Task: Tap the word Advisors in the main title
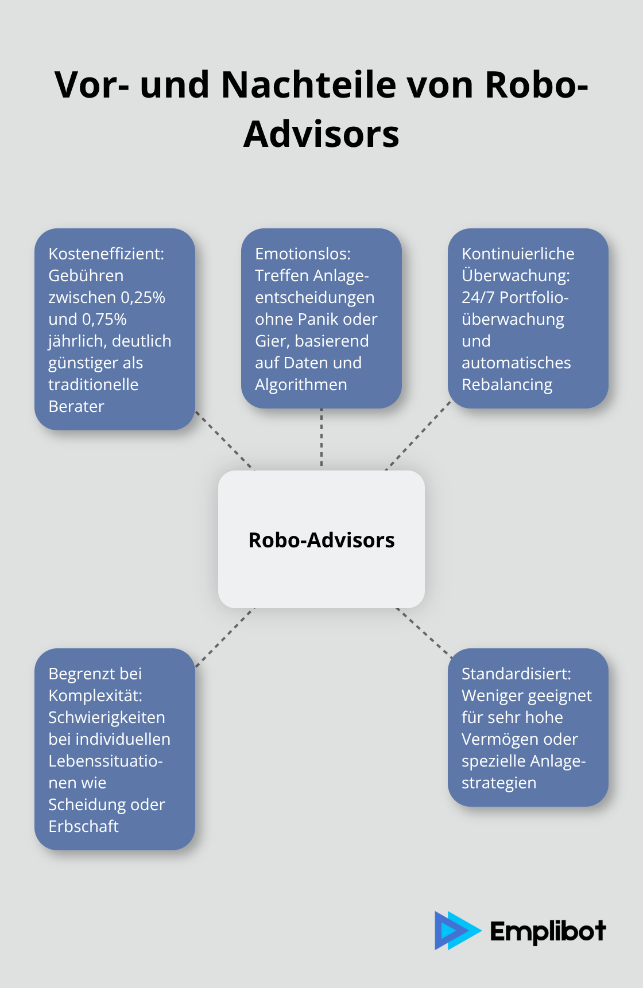[x=321, y=134]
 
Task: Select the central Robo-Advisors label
[x=321, y=540]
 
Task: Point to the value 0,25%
[x=143, y=297]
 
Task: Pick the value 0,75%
[x=104, y=319]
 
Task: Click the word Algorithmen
[x=301, y=384]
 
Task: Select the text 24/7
[x=478, y=297]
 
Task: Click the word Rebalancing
[x=507, y=384]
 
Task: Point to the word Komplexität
[x=95, y=695]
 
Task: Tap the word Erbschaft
[x=83, y=826]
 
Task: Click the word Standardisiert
[x=516, y=674]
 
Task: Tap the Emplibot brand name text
[x=548, y=931]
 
